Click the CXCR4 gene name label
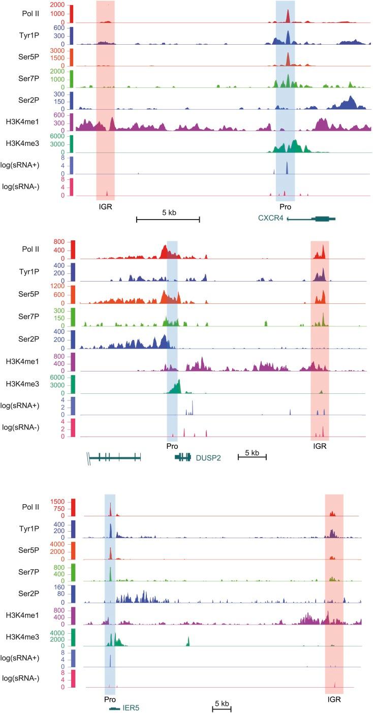point(271,219)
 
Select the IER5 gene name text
point(132,708)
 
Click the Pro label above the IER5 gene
point(110,699)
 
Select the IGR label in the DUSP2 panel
point(320,446)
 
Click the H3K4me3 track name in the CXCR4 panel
point(19,144)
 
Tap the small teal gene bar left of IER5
point(114,708)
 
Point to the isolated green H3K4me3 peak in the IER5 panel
point(188,641)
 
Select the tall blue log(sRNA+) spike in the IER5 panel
point(110,659)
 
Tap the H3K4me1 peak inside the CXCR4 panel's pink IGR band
point(112,124)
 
